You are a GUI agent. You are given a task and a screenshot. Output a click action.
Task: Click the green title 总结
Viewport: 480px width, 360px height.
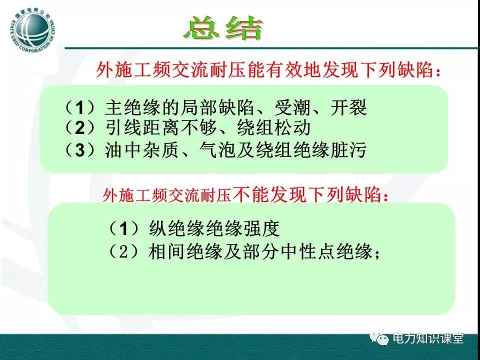pyautogui.click(x=223, y=28)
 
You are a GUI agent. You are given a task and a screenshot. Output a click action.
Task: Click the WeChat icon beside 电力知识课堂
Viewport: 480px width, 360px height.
pyautogui.click(x=379, y=338)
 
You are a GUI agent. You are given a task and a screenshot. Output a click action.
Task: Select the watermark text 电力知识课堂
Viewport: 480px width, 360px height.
pyautogui.click(x=428, y=338)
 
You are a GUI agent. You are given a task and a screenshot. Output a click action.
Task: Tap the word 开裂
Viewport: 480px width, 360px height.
pyautogui.click(x=348, y=107)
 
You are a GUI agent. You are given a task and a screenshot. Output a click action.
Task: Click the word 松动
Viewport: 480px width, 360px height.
pyautogui.click(x=292, y=128)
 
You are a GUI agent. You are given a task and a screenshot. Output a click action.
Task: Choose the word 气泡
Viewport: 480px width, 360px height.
pyautogui.click(x=217, y=150)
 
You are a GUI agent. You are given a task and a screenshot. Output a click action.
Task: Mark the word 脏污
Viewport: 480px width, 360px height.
pyautogui.click(x=348, y=150)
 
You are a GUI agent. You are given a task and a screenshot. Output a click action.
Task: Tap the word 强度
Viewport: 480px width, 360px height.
pyautogui.click(x=261, y=228)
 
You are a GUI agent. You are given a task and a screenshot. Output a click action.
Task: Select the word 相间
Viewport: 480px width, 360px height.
pyautogui.click(x=167, y=252)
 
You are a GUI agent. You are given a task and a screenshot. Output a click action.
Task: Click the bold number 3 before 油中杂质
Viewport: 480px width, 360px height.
pyautogui.click(x=79, y=150)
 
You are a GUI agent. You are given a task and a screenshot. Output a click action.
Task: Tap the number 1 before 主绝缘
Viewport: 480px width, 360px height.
pyautogui.click(x=79, y=108)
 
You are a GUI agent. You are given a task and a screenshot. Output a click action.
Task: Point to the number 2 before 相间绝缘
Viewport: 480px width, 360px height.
pyautogui.click(x=123, y=252)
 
